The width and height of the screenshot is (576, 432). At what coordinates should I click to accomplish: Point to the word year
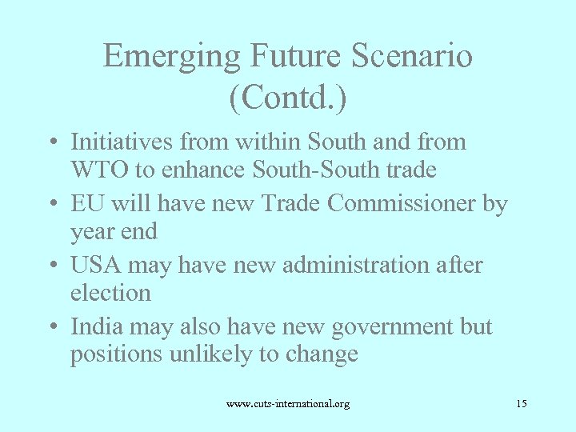93,232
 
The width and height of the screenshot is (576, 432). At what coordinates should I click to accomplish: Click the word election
110,293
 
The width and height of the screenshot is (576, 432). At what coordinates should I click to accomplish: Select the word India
93,326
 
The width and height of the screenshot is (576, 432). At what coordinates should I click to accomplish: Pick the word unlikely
210,354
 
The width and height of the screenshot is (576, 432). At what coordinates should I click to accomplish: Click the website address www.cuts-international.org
288,404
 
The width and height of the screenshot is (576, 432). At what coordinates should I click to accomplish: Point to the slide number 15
521,403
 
